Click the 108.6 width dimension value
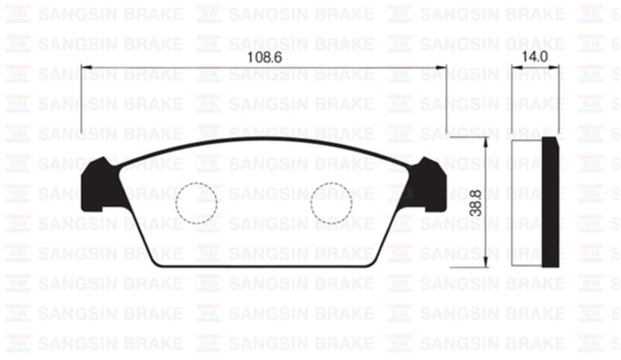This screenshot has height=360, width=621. click(264, 58)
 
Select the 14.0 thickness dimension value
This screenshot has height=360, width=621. click(535, 58)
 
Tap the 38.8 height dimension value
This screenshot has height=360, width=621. click(477, 202)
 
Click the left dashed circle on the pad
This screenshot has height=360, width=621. click(196, 203)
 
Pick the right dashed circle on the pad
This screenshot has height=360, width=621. click(331, 203)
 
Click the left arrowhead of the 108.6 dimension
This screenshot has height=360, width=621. click(86, 67)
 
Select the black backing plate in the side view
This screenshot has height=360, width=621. click(551, 202)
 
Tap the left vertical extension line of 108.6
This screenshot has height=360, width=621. click(82, 98)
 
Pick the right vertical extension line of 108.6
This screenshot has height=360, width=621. click(446, 98)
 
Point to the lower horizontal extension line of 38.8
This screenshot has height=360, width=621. click(466, 267)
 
